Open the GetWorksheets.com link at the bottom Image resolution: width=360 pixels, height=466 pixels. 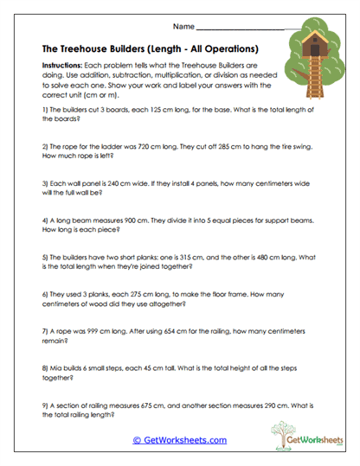[x=179, y=440]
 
